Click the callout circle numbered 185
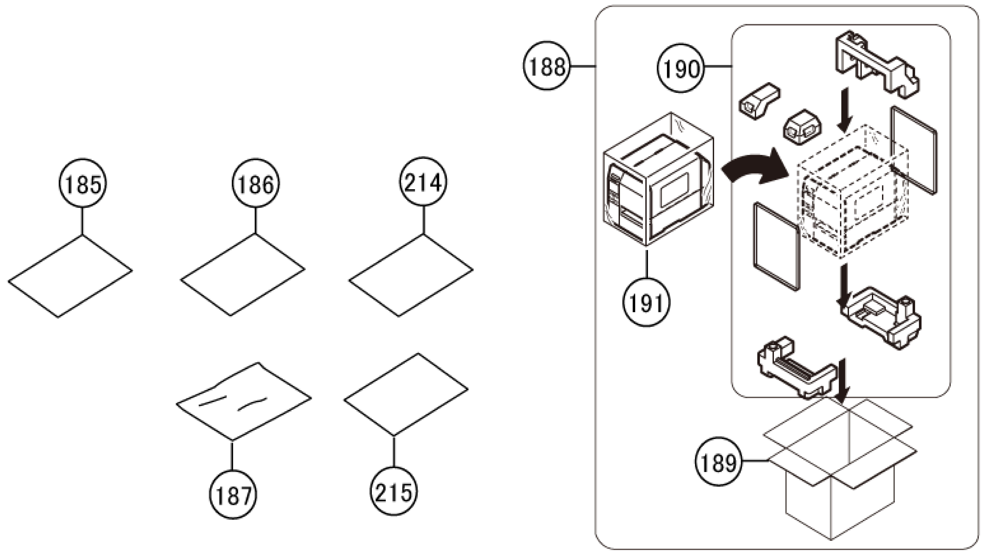(x=83, y=183)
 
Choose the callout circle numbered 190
(x=681, y=68)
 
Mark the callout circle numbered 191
(x=646, y=302)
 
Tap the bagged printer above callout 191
(x=658, y=179)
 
